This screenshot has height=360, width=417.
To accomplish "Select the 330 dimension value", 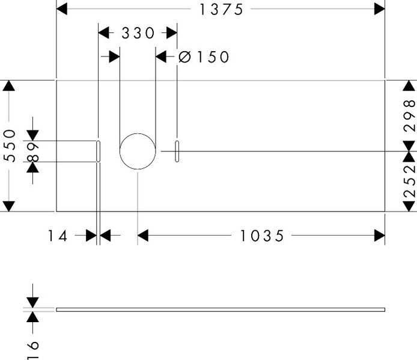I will coord(138,33).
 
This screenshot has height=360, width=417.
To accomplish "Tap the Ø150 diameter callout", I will coord(204,57).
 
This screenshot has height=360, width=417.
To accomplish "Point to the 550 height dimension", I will coord(9,145).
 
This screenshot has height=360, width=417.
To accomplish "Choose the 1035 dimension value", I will coord(261,236).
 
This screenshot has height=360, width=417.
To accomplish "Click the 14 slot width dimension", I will coord(59,236).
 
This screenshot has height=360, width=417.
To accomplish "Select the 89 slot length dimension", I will coord(33,151).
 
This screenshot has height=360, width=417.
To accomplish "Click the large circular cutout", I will coord(138,151).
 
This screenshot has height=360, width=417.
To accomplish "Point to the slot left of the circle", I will coord(98,151).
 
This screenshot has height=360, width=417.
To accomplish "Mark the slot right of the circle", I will coord(177,151).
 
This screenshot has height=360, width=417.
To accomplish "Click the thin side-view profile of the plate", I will coord(221,310).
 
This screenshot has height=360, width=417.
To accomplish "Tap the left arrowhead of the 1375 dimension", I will coord(61,9).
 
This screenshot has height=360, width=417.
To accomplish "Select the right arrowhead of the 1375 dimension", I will coord(380,9).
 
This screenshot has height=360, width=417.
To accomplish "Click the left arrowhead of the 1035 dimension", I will coord(143,236).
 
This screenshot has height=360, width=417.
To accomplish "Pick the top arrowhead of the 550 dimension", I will coord(8,85).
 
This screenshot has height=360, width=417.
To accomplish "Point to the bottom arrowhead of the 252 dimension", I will coord(409,207).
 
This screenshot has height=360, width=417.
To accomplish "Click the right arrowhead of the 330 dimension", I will coord(172,32).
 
